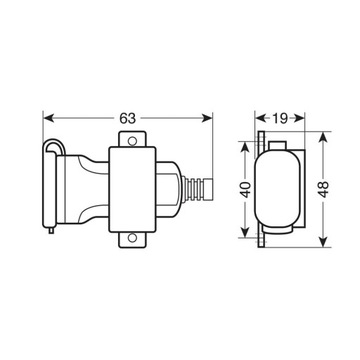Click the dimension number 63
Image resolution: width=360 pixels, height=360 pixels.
coord(127,118)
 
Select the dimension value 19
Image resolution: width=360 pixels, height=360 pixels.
coord(282,118)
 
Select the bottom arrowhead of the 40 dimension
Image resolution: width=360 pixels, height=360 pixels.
coord(244,237)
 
